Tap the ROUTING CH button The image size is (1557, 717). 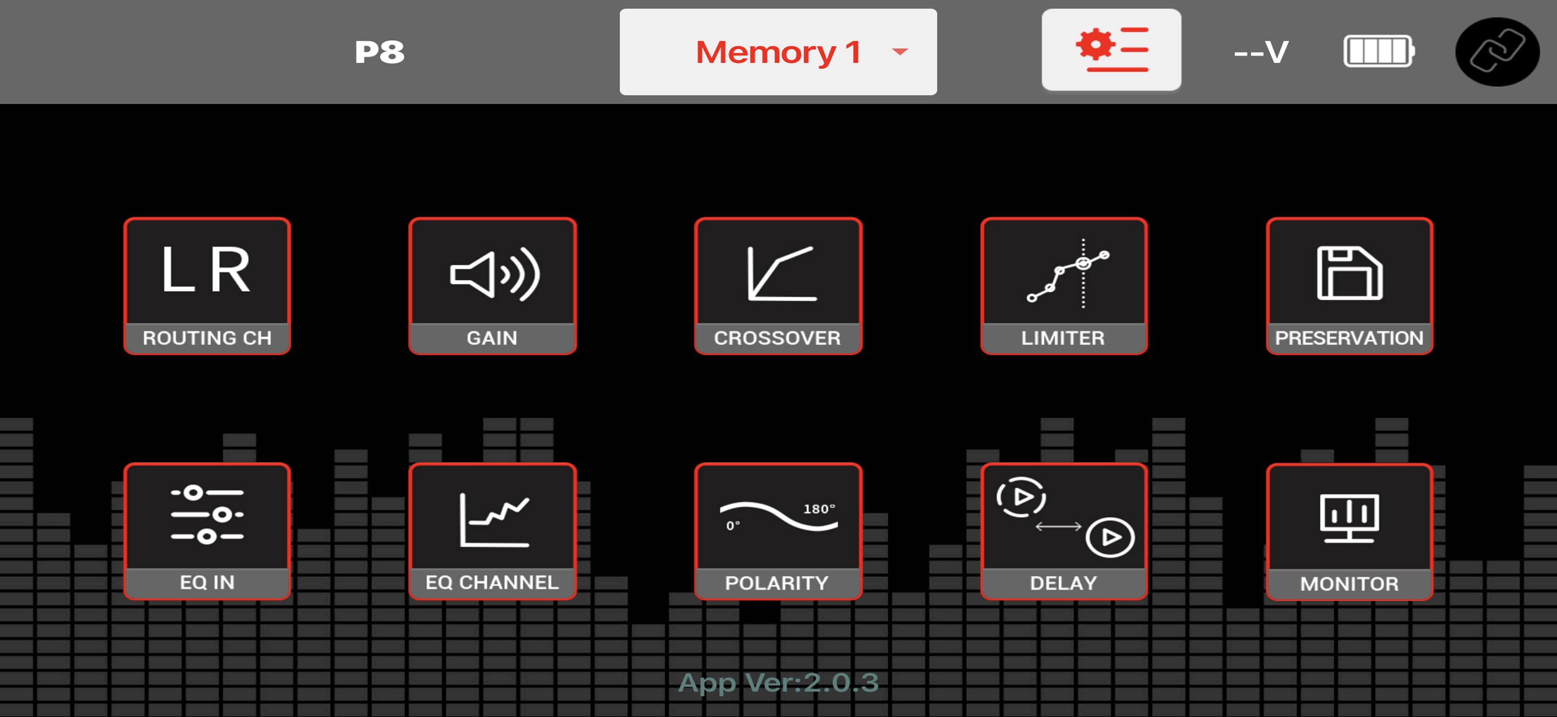click(207, 286)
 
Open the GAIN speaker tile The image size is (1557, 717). click(492, 286)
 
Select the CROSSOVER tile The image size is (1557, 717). click(778, 286)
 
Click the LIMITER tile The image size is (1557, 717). click(1064, 286)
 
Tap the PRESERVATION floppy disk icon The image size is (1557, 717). click(1350, 273)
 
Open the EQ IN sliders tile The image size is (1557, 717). click(207, 531)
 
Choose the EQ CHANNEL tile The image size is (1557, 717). click(492, 531)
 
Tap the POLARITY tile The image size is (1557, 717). click(778, 531)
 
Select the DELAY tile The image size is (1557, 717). click(1064, 531)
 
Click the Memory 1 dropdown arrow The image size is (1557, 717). click(900, 52)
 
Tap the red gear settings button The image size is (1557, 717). click(1111, 49)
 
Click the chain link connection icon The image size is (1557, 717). click(1497, 52)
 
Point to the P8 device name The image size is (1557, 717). click(379, 52)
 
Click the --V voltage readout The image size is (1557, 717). click(1262, 52)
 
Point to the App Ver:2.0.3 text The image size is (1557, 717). click(778, 683)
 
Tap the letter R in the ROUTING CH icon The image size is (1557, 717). click(230, 269)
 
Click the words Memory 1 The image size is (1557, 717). click(778, 52)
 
